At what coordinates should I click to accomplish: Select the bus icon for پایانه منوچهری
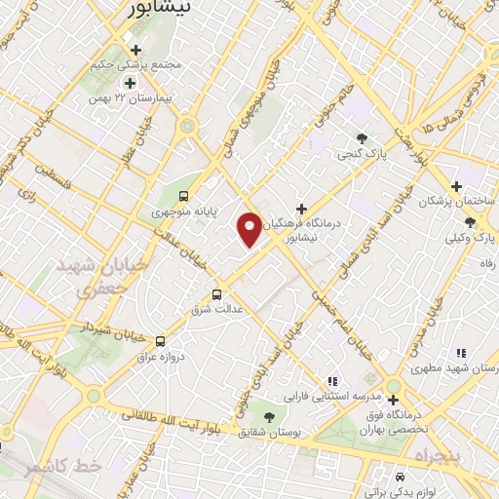click(x=185, y=194)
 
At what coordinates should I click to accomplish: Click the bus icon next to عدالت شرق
click(x=216, y=293)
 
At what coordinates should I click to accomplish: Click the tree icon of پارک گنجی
click(x=363, y=138)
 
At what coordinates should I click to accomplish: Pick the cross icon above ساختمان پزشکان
click(x=455, y=185)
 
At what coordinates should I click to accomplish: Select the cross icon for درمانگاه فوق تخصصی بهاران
click(x=393, y=400)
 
